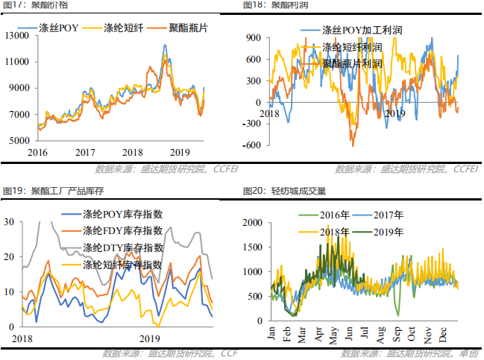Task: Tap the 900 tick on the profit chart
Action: pos(253,37)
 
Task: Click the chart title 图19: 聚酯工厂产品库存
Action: pos(51,191)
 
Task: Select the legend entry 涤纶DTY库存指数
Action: pos(123,247)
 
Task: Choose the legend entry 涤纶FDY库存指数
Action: pos(123,230)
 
